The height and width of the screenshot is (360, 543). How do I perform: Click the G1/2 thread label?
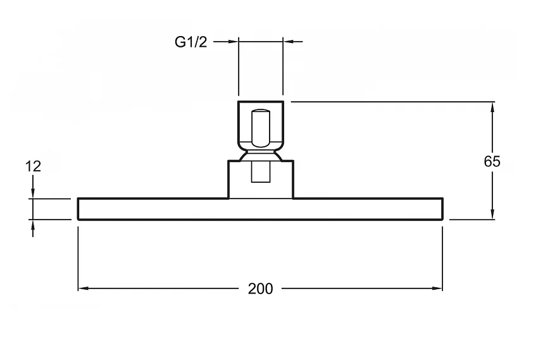point(191,42)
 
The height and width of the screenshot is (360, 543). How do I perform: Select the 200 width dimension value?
point(260,289)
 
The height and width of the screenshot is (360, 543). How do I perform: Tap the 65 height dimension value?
point(492,161)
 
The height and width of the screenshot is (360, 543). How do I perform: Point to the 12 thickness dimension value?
point(34,166)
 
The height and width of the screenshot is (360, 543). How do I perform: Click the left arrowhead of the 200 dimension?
point(83,289)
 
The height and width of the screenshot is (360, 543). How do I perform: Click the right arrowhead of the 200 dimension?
point(438,289)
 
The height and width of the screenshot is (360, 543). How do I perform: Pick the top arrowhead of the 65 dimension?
point(492,107)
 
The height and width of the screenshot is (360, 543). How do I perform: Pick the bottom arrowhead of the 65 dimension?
point(492,214)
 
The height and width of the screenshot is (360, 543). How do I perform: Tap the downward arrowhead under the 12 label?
point(33,194)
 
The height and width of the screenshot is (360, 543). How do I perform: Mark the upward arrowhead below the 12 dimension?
point(33,225)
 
